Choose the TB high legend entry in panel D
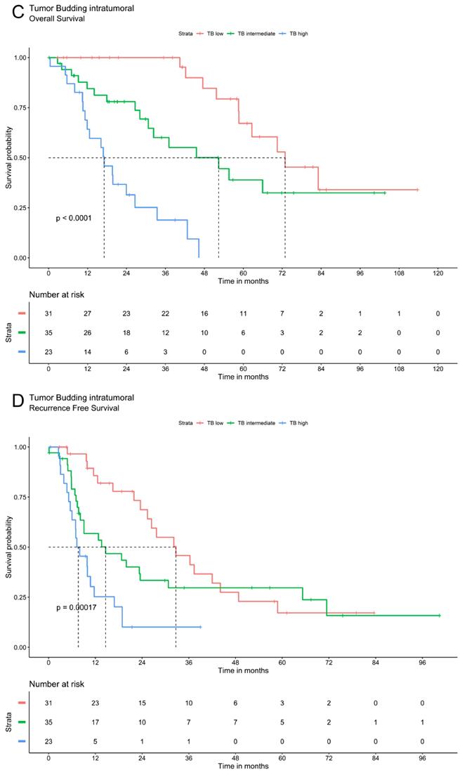click(x=296, y=423)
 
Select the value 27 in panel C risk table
click(x=87, y=312)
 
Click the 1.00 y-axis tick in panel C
click(x=20, y=58)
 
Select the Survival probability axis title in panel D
click(x=9, y=547)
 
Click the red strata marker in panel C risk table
click(x=22, y=312)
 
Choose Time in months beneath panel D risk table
click(x=242, y=764)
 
